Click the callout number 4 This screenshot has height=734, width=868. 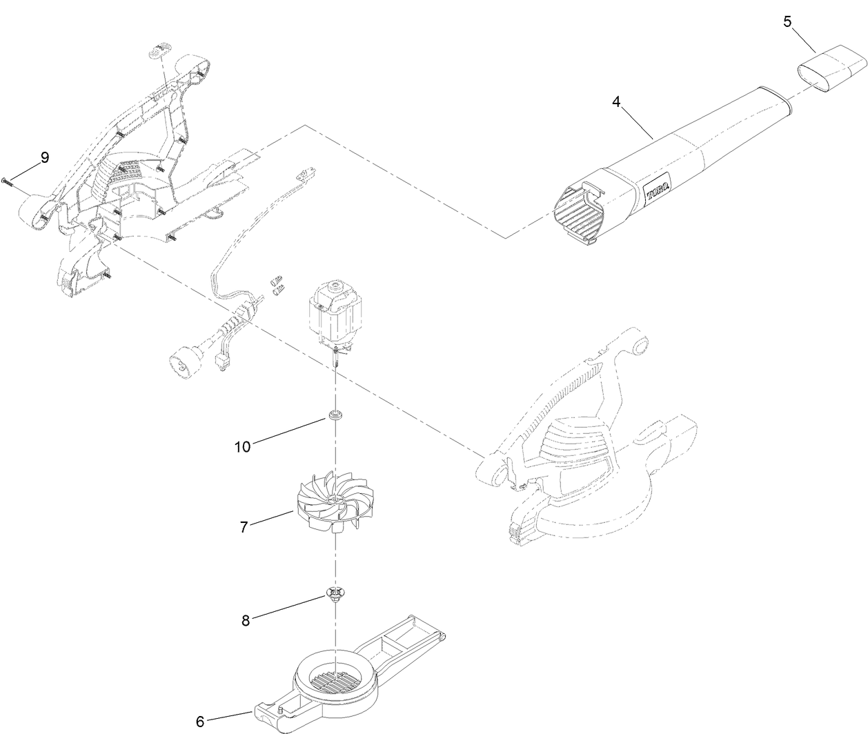click(616, 102)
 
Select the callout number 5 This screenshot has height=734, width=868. click(787, 21)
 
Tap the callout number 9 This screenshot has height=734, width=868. click(45, 158)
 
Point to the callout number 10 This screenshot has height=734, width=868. click(242, 446)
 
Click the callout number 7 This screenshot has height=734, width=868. click(244, 527)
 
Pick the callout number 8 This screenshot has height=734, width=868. click(246, 620)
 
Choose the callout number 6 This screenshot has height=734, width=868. click(200, 722)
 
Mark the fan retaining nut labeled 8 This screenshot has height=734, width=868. click(335, 595)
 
